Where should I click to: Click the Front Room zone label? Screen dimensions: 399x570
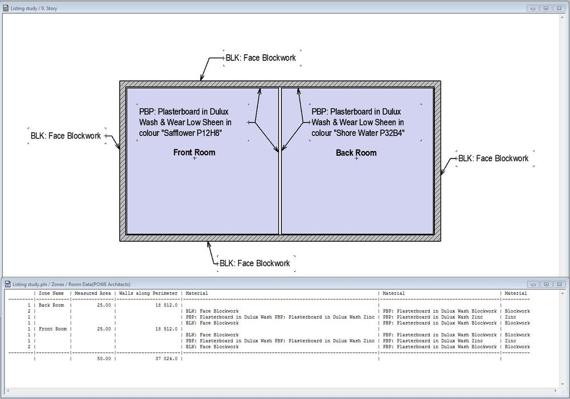[x=194, y=153]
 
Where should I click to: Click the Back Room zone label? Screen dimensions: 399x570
[x=356, y=153]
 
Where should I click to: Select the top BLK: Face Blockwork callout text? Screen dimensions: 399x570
[x=261, y=58]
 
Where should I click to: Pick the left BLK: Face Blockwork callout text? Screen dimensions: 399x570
[x=66, y=136]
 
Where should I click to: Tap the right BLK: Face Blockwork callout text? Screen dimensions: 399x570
[x=494, y=158]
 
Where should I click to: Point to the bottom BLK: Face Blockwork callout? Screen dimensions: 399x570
[x=254, y=263]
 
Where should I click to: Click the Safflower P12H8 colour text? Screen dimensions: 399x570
[x=180, y=133]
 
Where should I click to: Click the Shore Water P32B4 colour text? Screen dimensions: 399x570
[x=358, y=133]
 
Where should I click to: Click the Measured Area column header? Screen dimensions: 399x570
[x=92, y=294]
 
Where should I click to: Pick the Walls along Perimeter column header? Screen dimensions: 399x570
[x=148, y=294]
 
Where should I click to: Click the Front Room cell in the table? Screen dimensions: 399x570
[x=52, y=329]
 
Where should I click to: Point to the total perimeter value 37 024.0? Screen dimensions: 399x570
[x=164, y=359]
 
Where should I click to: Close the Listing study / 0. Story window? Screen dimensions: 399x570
[x=559, y=9]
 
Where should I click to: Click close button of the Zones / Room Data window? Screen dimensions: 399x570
[x=559, y=284]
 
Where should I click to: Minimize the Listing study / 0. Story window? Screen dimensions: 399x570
[x=533, y=9]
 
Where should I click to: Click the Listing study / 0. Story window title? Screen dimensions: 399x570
[x=34, y=9]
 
